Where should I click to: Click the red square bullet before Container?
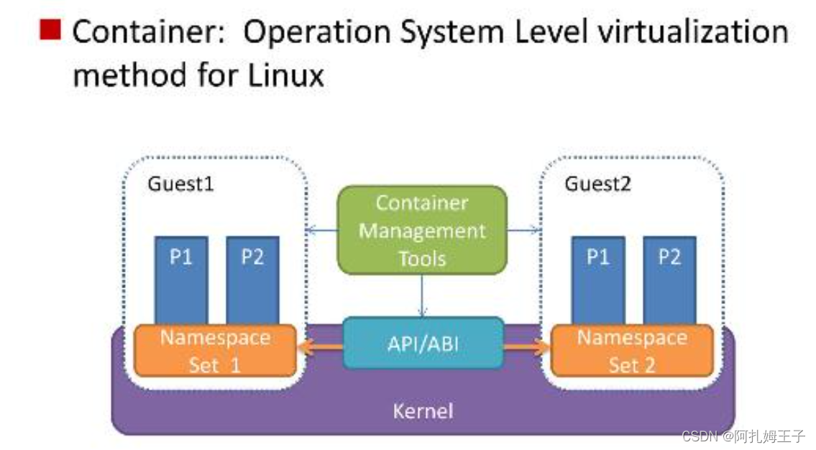click(51, 29)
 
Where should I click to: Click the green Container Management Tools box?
click(422, 231)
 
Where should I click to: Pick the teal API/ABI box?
click(422, 343)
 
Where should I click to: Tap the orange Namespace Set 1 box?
click(215, 351)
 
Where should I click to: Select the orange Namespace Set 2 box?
click(632, 351)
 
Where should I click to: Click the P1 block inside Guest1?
click(181, 280)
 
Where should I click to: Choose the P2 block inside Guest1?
click(252, 280)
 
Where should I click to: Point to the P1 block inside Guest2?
click(597, 280)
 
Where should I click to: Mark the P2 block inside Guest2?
click(669, 280)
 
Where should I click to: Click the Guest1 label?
click(180, 184)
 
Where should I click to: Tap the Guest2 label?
click(597, 184)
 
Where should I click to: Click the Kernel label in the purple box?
click(423, 411)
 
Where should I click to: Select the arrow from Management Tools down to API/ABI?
click(422, 295)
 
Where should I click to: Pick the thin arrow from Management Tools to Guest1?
click(321, 231)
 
